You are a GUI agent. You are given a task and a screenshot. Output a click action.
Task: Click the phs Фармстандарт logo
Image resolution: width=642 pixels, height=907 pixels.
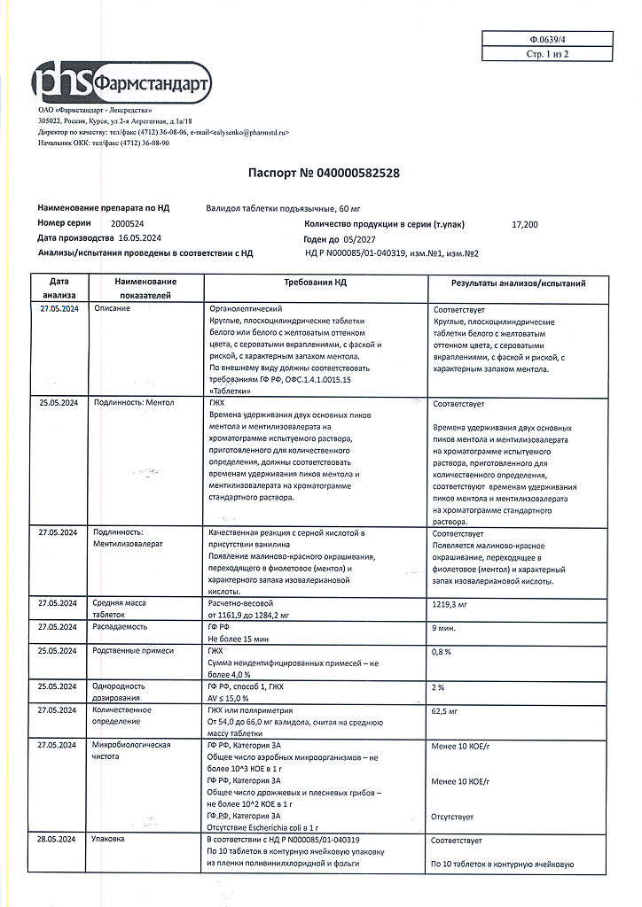[121, 81]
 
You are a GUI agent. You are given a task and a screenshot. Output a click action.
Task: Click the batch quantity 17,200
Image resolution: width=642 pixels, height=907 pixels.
[524, 224]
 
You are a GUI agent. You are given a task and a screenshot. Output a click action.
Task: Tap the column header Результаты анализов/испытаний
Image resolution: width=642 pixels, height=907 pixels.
[518, 283]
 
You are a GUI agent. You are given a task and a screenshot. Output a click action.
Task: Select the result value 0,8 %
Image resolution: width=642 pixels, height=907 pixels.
[442, 651]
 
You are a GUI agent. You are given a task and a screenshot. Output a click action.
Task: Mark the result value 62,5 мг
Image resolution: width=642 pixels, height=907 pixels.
[449, 710]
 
